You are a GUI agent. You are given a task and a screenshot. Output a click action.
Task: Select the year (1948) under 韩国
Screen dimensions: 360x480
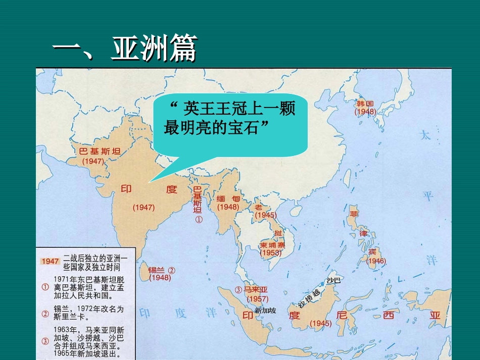coord(365,111)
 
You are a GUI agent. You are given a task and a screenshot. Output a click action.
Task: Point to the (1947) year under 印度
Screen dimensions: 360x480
coord(143,207)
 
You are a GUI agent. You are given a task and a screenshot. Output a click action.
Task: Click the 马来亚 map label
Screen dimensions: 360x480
coord(255,290)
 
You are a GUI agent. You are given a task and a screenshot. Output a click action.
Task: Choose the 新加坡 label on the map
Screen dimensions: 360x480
coord(266,311)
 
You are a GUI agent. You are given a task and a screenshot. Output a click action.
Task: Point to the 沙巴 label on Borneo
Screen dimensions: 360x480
coord(334,280)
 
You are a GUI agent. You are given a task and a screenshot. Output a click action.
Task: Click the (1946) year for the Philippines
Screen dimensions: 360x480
coord(376,261)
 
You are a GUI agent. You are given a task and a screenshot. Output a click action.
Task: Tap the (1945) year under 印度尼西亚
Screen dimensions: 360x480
coord(321,323)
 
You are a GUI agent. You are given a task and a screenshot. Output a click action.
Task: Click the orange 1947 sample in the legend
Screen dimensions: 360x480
coord(50,261)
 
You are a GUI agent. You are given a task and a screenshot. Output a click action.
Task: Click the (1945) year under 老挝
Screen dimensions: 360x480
coord(265,215)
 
